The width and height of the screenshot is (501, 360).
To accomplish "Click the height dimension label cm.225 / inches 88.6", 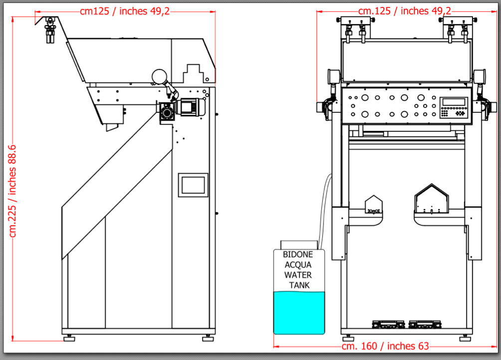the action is pos(12,191).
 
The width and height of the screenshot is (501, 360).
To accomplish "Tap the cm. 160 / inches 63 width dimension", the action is pos(385,346).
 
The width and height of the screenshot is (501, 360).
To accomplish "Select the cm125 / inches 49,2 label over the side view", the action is pos(125,11).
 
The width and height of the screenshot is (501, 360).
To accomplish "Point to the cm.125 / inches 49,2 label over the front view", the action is pos(405,11).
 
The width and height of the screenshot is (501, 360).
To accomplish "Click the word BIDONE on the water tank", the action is pos(298,255).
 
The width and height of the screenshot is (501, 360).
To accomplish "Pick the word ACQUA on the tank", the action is pos(298,265).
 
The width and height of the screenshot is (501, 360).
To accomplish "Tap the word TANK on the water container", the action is pos(299,285).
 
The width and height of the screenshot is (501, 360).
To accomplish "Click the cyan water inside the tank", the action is pos(299,313).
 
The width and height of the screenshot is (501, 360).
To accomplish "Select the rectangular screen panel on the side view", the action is pos(193,185).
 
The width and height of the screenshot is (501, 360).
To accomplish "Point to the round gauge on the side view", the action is pos(159,77).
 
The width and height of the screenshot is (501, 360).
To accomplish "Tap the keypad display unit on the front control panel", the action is pos(454,107).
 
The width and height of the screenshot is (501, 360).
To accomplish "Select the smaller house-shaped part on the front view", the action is pos(374,205).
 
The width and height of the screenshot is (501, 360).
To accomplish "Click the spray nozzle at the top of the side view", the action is pos(50,30).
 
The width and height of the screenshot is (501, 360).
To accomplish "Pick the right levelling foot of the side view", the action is pos(208,338).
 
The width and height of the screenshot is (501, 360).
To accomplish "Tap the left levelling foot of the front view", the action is pos(348,338).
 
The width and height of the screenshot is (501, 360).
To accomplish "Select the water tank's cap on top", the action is pos(299,245).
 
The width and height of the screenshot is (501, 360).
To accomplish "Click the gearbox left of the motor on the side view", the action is pos(167,111).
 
